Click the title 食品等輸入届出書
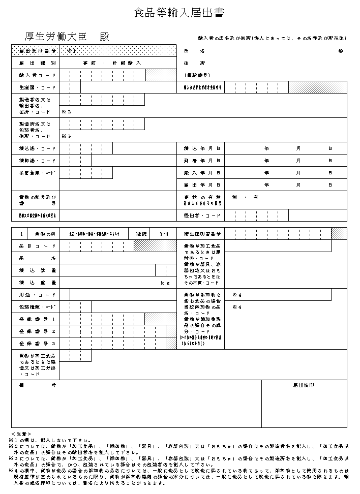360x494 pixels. click(x=178, y=13)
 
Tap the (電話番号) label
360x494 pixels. click(x=197, y=75)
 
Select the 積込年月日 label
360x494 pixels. click(x=202, y=148)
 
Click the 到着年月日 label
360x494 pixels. click(x=202, y=161)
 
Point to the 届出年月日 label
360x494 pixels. click(x=202, y=185)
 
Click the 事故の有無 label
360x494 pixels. click(x=202, y=197)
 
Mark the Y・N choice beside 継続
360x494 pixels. click(x=164, y=234)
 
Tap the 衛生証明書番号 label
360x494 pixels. click(x=202, y=234)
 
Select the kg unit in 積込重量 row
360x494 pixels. click(x=164, y=283)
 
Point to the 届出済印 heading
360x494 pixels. click(x=304, y=385)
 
